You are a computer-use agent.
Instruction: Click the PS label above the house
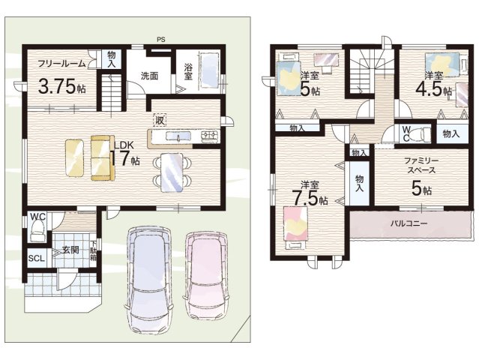point(160,40)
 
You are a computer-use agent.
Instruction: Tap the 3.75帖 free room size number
point(61,86)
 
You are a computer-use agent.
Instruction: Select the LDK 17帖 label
point(124,154)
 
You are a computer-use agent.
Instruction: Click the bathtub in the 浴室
point(209,71)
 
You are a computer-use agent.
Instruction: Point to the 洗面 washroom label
point(149,76)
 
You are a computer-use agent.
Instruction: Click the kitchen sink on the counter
point(178,136)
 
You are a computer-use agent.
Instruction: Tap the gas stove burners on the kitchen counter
point(210,136)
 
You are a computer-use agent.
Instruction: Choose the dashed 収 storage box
point(160,120)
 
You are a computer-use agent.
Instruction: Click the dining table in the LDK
point(172,172)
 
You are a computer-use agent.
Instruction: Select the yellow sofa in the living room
point(103,157)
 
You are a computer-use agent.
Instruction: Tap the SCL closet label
point(37,259)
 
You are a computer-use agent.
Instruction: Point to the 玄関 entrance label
point(71,250)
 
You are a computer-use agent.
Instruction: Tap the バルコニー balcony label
point(409,223)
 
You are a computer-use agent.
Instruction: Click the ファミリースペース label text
point(421,165)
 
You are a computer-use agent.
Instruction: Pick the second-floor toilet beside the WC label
point(420,133)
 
